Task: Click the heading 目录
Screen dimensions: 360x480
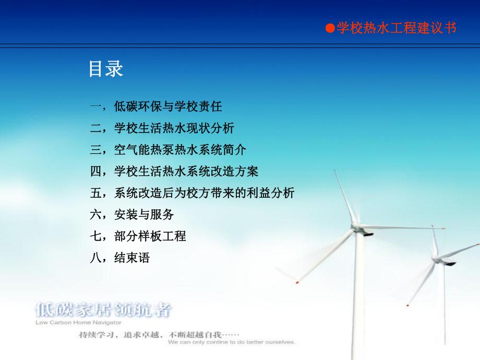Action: (106, 69)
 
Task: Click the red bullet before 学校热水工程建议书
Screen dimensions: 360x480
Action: (329, 29)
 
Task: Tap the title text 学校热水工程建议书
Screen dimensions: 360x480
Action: (397, 28)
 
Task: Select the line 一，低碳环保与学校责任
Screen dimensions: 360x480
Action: (156, 107)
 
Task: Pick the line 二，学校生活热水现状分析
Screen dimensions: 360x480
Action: (162, 128)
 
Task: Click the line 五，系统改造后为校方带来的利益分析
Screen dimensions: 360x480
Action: (192, 193)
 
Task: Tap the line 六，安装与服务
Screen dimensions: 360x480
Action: (132, 214)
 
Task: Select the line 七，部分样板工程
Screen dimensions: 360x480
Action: (138, 236)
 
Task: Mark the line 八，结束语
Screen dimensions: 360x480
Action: (120, 257)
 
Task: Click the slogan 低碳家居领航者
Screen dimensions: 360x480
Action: (103, 310)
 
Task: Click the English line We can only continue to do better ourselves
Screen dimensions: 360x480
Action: (232, 343)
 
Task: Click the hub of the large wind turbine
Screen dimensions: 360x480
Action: (357, 227)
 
